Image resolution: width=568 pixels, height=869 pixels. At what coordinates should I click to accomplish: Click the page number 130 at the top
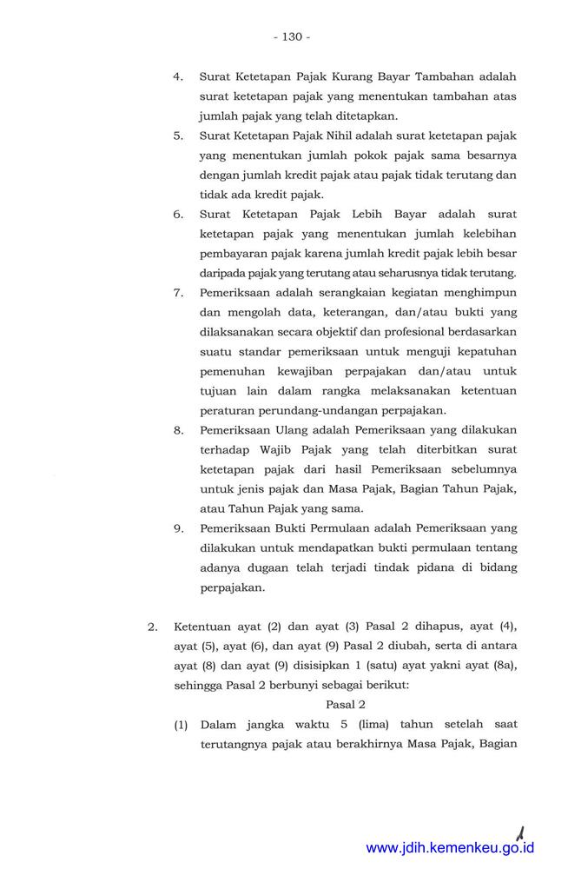tap(291, 37)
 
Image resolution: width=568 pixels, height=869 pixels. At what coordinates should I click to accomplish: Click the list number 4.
tap(177, 76)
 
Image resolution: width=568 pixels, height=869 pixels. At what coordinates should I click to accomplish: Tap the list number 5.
tap(177, 136)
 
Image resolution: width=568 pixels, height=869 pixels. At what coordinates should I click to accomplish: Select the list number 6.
tap(177, 214)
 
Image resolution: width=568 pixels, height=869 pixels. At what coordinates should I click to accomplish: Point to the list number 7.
tap(177, 292)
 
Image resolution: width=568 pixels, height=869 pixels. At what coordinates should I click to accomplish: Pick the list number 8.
tap(177, 429)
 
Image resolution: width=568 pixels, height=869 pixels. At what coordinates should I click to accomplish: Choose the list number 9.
tap(177, 527)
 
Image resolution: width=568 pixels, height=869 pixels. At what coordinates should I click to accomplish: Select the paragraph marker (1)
tap(182, 724)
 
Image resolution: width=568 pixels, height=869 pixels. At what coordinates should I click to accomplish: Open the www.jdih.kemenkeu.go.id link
tap(450, 848)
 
